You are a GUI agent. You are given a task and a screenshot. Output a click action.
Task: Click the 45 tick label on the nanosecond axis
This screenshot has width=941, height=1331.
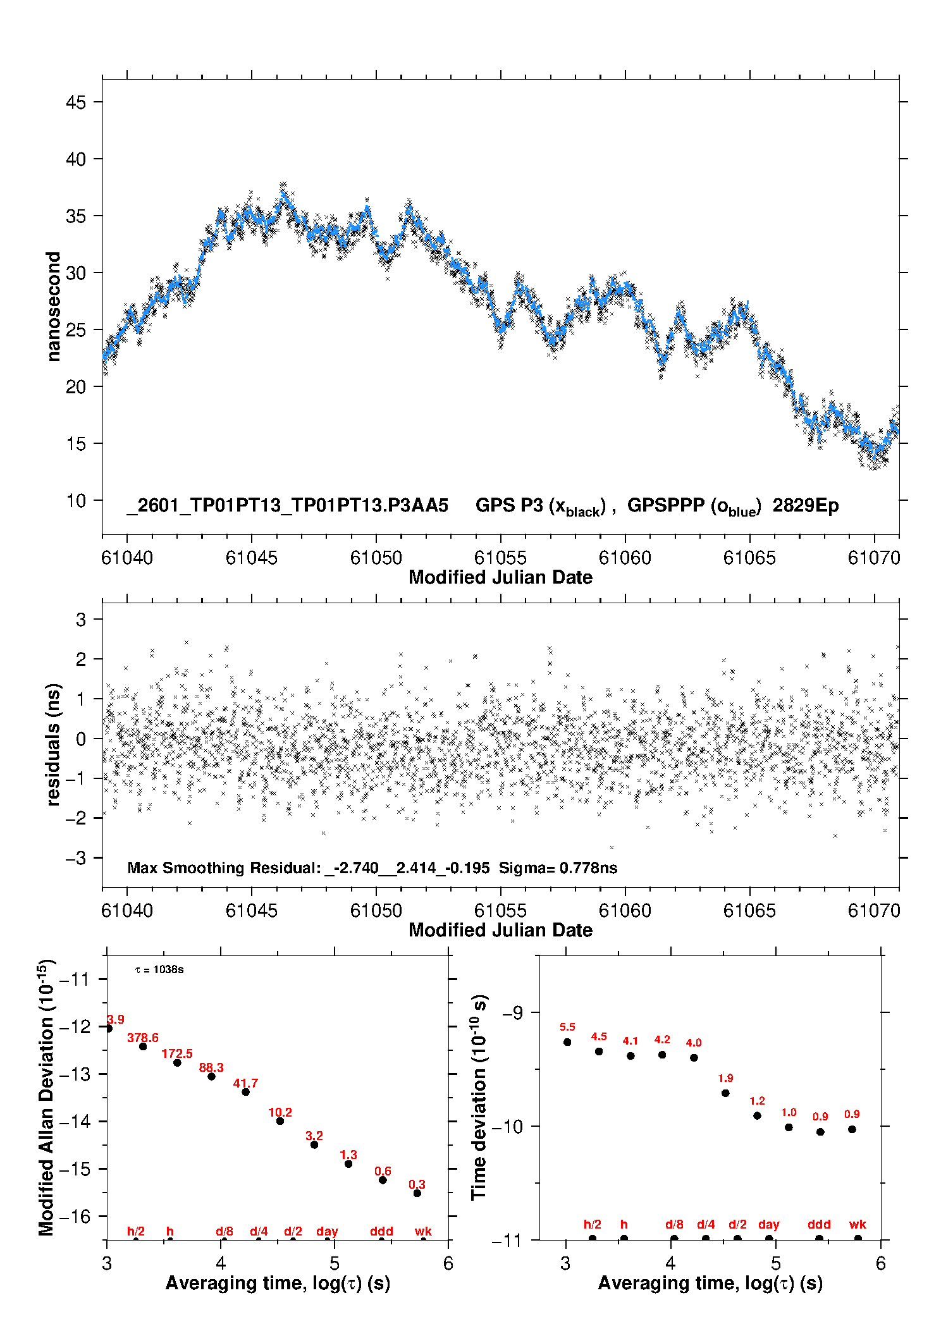76,102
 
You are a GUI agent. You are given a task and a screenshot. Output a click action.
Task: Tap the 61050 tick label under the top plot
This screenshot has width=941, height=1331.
376,558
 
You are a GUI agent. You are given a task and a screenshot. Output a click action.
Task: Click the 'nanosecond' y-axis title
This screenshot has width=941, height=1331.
54,307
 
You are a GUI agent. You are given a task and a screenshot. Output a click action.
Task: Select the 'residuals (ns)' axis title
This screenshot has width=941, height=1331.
54,744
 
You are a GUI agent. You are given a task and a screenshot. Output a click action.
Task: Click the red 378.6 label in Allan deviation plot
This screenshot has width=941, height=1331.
143,1038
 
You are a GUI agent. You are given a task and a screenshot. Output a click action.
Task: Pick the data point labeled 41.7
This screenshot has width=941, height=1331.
246,1092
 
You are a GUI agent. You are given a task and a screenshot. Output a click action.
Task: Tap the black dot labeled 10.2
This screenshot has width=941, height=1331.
280,1121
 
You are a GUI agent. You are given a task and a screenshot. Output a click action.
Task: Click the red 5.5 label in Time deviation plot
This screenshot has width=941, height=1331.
567,1027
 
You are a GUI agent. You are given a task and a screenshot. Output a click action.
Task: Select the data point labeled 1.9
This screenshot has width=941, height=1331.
725,1093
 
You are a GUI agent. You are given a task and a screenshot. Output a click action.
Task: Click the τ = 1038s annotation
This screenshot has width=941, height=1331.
159,969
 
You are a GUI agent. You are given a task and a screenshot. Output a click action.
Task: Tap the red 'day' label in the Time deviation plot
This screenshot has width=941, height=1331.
769,1224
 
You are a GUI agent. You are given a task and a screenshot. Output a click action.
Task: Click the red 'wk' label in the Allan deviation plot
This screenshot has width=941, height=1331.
423,1231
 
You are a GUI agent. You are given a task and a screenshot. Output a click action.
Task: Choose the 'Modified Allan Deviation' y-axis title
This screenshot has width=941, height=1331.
47,1097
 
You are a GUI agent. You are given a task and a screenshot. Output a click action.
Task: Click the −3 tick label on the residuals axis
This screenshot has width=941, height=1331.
76,858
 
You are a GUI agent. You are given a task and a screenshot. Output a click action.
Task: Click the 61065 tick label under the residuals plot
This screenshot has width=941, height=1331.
749,911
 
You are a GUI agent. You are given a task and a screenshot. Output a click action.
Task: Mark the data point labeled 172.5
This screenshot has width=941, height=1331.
177,1063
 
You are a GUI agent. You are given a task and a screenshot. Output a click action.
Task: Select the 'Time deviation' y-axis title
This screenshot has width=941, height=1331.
479,1097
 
